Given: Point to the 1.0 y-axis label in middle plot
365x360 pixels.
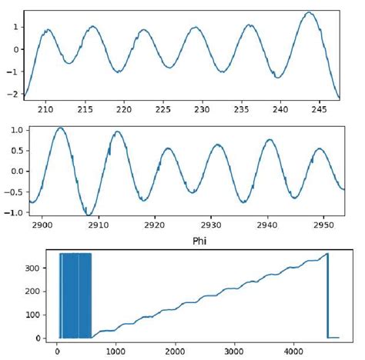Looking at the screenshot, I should [13, 130].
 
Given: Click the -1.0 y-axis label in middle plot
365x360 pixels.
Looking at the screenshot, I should [11, 212].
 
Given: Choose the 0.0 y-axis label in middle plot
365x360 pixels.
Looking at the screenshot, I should [13, 172].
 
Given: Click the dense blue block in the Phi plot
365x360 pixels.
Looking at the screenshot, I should [75, 295].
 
